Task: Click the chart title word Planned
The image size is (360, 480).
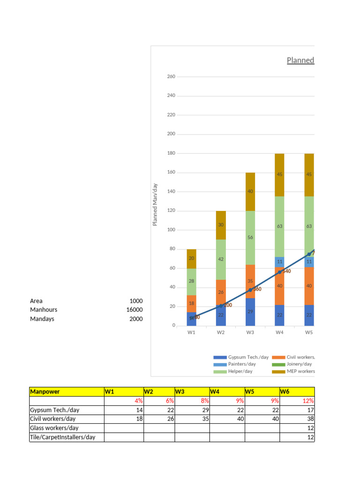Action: pyautogui.click(x=300, y=60)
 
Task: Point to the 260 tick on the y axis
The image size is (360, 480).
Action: pyautogui.click(x=171, y=76)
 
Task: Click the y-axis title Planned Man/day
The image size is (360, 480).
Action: pyautogui.click(x=155, y=204)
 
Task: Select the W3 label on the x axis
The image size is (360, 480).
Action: pyautogui.click(x=250, y=332)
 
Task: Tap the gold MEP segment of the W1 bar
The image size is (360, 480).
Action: pyautogui.click(x=191, y=259)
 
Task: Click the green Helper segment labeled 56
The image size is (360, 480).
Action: pyautogui.click(x=250, y=238)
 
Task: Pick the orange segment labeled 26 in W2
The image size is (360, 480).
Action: pyautogui.click(x=221, y=292)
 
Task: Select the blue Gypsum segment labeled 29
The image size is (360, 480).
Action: pyautogui.click(x=250, y=312)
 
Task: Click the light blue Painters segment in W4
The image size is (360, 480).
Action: pyautogui.click(x=279, y=262)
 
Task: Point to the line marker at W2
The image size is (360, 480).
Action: pyautogui.click(x=221, y=306)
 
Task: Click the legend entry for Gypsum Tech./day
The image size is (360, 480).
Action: pyautogui.click(x=241, y=357)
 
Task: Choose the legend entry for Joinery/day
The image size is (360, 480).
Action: pyautogui.click(x=293, y=364)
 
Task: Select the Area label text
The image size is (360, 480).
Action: pyautogui.click(x=36, y=301)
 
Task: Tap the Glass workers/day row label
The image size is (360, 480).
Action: pyautogui.click(x=54, y=428)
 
